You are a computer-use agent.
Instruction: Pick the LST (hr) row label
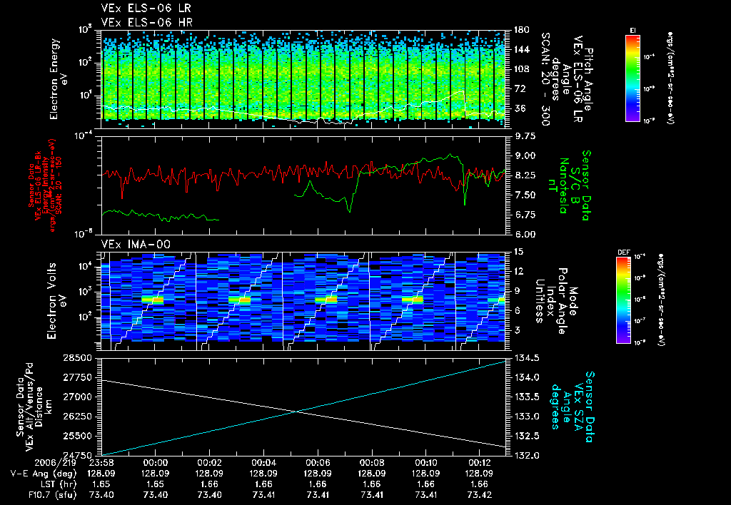point(32,483)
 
